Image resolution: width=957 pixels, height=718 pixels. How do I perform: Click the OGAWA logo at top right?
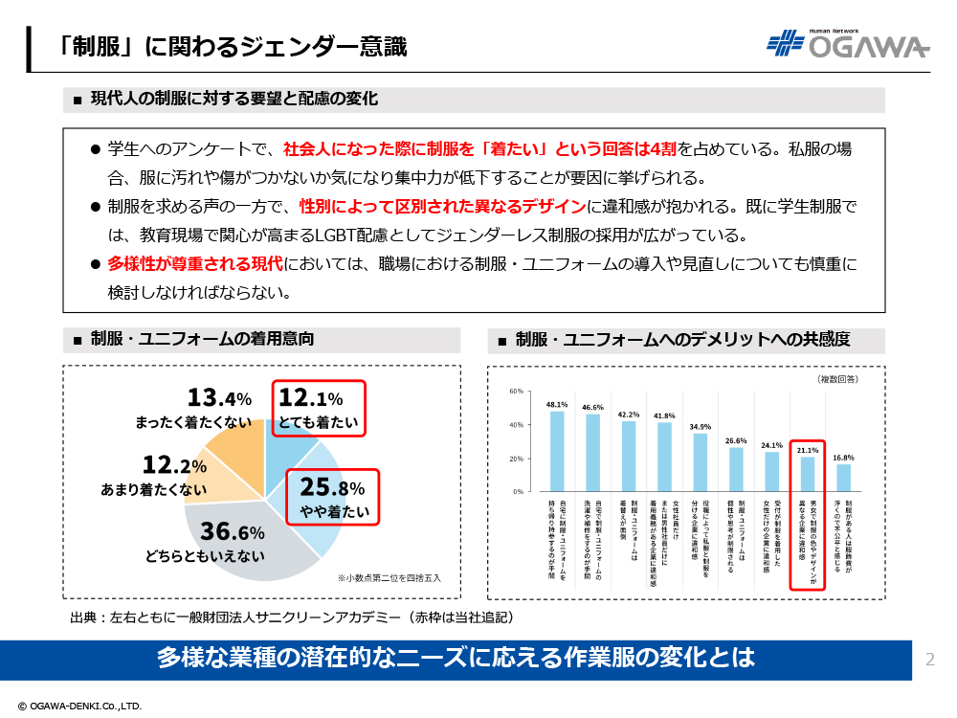click(848, 45)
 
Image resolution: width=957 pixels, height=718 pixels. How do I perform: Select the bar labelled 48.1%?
click(557, 451)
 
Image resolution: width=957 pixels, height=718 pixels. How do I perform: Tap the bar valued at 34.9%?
click(700, 462)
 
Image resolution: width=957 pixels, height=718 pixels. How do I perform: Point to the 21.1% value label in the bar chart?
click(808, 448)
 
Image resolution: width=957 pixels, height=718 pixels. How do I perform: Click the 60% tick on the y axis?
click(515, 392)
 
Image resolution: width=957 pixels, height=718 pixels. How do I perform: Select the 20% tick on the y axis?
click(515, 459)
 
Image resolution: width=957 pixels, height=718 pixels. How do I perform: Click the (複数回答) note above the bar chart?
click(837, 379)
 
